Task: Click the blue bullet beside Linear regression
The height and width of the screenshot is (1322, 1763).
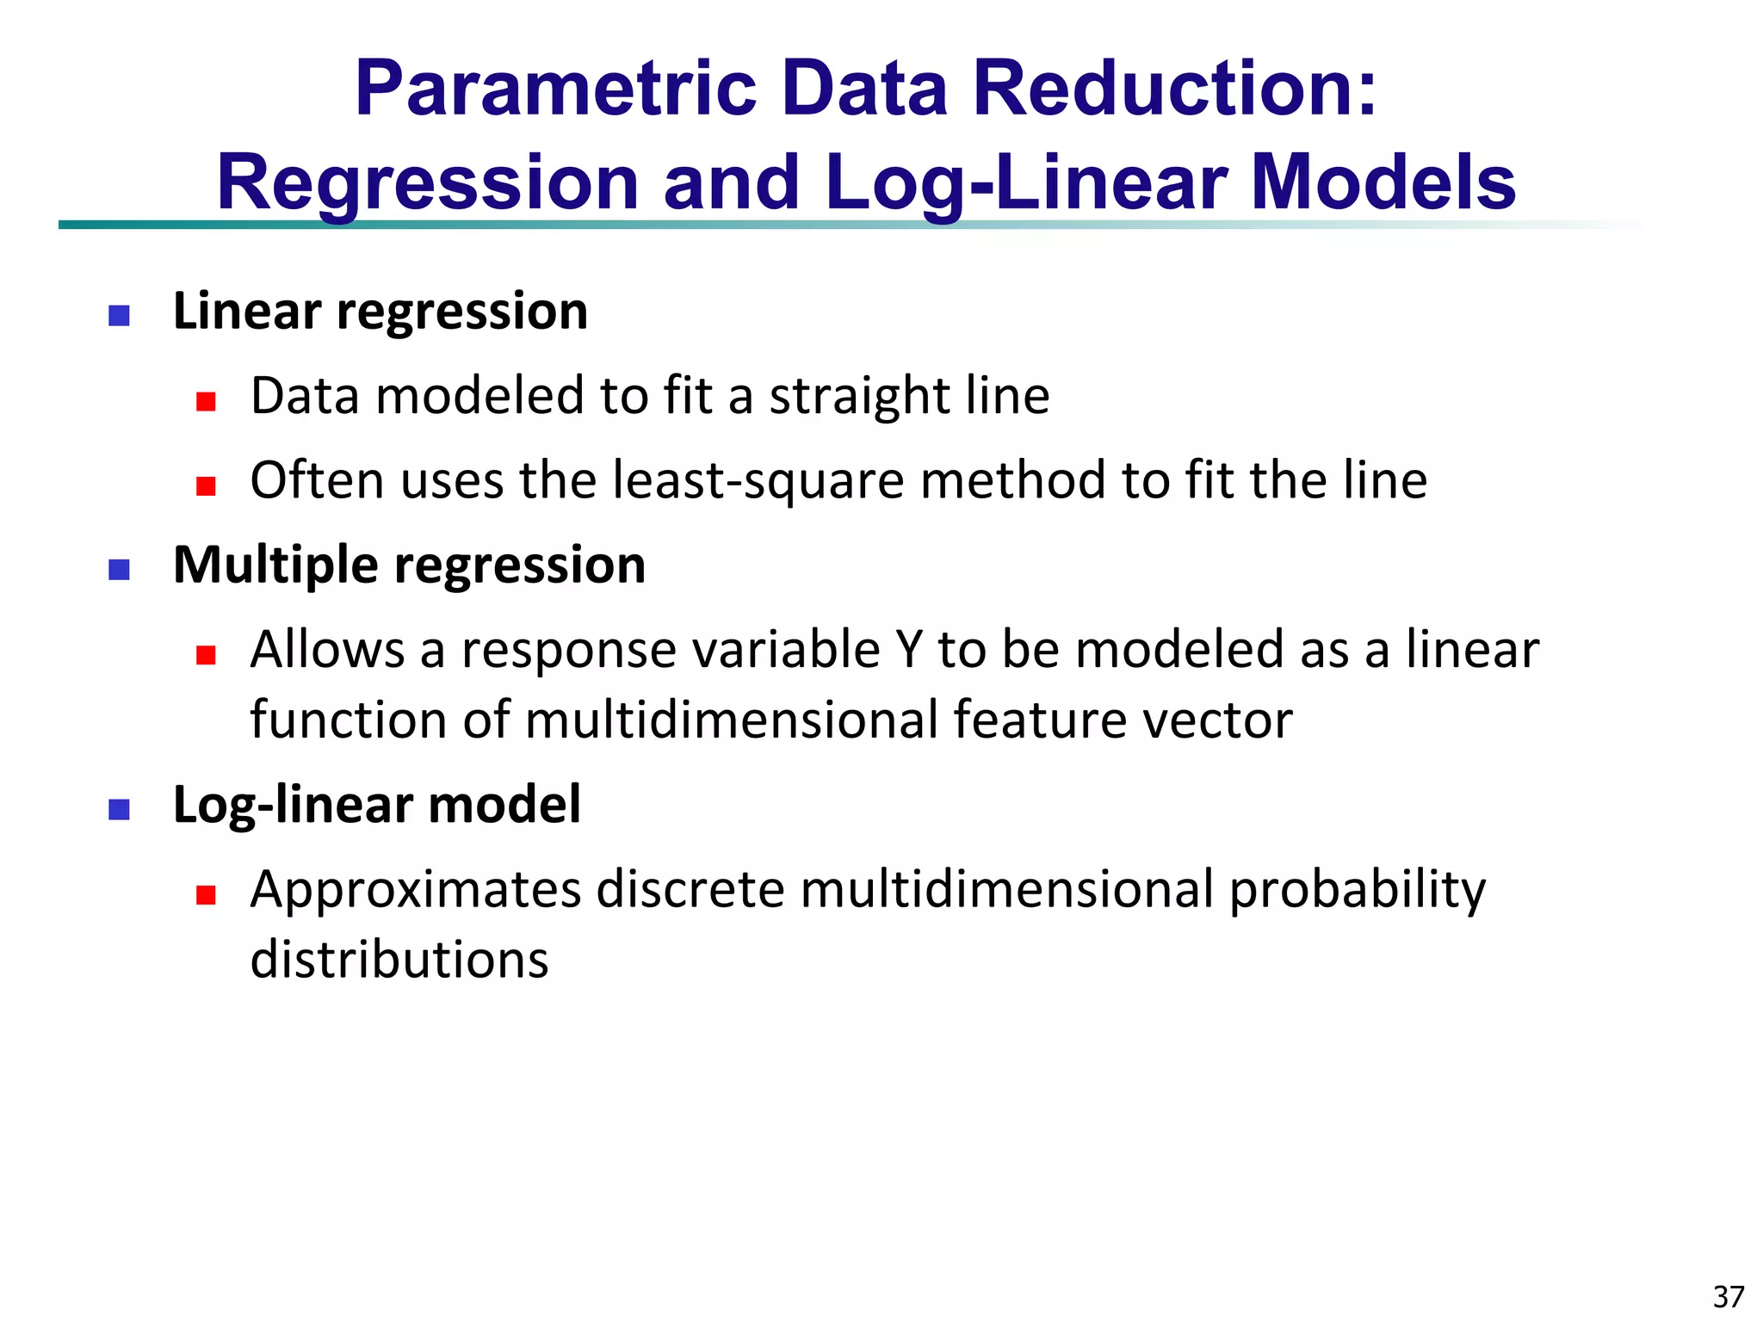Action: [119, 316]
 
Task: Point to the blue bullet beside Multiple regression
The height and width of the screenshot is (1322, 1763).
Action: [119, 570]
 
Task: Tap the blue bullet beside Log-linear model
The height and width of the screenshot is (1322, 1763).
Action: [119, 809]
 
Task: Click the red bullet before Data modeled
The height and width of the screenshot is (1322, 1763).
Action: [205, 402]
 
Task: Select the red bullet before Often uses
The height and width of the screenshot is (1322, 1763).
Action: [205, 486]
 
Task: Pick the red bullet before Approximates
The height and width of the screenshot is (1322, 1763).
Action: [205, 895]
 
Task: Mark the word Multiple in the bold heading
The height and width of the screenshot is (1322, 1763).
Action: [275, 565]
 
